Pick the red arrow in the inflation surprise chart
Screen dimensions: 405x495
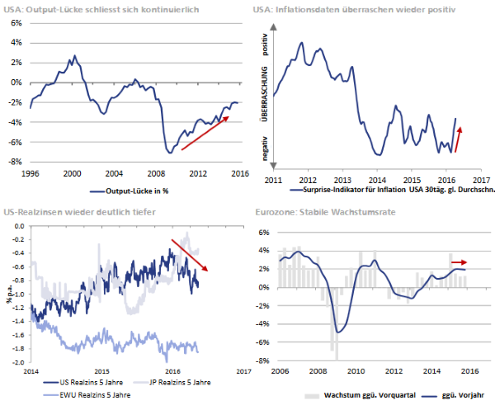pos(460,139)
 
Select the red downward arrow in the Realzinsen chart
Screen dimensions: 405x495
pos(191,256)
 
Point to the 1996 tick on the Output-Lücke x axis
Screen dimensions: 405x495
pos(30,174)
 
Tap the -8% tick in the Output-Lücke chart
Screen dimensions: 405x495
pos(15,162)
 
